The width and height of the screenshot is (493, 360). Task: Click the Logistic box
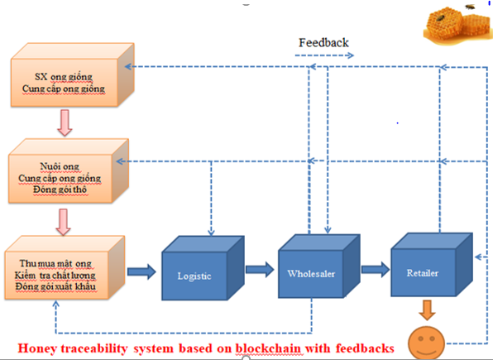[203, 268]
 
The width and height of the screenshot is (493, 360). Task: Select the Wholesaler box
[318, 266]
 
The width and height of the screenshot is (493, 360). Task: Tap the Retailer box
[432, 265]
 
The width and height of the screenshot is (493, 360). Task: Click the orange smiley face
[426, 343]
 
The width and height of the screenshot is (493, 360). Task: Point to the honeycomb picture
[457, 25]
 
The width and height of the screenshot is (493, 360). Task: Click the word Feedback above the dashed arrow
[323, 43]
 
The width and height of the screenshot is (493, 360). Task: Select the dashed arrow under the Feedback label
[324, 55]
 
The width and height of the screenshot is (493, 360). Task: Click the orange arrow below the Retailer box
[427, 310]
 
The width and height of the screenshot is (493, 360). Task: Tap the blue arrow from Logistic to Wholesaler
[260, 269]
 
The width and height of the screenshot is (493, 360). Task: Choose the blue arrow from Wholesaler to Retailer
[376, 269]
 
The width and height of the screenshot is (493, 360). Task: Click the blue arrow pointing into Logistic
[141, 271]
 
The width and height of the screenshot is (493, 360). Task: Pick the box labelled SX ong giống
[72, 74]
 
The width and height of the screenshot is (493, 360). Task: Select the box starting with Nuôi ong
[69, 170]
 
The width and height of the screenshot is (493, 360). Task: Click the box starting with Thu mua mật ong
[65, 267]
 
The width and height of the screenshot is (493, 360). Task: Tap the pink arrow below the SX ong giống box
[65, 122]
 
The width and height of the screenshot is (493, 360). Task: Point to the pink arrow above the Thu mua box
[63, 222]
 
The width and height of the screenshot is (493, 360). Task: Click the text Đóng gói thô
[60, 190]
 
